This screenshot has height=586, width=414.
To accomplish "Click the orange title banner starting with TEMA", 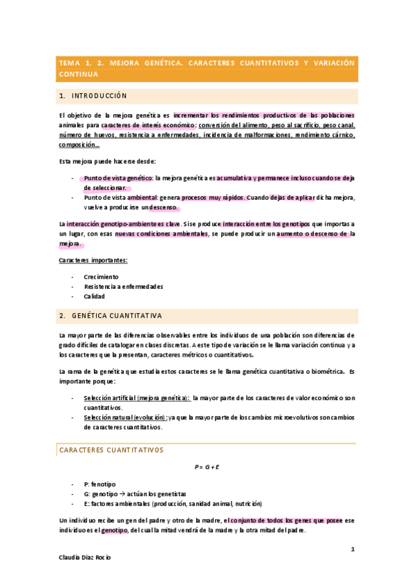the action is tap(207, 67).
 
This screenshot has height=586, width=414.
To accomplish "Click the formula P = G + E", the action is tap(207, 467).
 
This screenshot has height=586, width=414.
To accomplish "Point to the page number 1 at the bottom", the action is tap(352, 549).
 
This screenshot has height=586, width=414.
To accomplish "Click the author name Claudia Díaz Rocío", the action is tap(84, 557).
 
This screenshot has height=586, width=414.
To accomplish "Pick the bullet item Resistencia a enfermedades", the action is tap(124, 286).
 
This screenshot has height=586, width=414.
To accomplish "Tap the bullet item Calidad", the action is tap(95, 296).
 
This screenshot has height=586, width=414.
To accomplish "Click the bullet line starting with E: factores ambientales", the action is tap(173, 503).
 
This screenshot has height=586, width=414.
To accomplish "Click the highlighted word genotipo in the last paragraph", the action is tap(114, 530).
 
